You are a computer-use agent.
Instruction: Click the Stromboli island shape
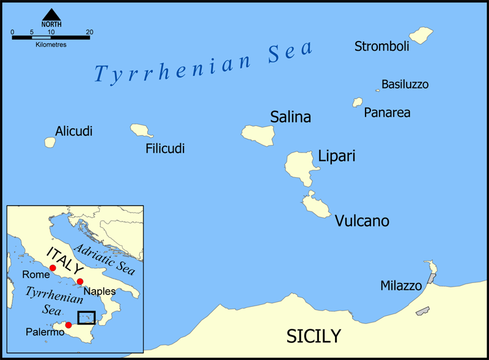click(x=421, y=35)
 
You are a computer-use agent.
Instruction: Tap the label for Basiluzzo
click(x=405, y=84)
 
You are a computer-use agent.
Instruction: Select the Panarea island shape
click(x=357, y=103)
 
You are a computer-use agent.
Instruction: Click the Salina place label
click(x=290, y=117)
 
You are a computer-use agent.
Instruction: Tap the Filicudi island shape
click(x=141, y=130)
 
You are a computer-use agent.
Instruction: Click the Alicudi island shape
click(x=50, y=142)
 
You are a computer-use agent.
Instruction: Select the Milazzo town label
click(x=401, y=285)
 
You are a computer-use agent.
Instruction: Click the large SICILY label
click(x=314, y=336)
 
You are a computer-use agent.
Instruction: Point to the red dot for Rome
click(x=53, y=268)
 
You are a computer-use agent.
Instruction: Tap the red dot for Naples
click(x=80, y=282)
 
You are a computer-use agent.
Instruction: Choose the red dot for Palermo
click(x=68, y=325)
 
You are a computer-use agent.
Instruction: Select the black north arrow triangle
click(x=51, y=14)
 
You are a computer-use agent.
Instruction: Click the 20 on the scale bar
click(x=89, y=32)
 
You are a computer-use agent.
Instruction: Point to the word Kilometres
click(x=50, y=45)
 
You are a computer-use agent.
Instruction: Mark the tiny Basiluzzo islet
click(x=378, y=90)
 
